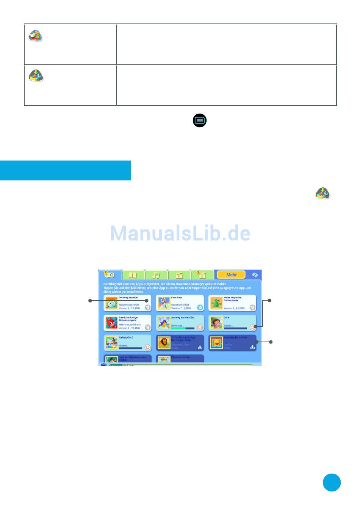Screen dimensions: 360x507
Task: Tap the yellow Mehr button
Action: pos(231,275)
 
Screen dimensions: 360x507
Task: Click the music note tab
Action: pos(156,275)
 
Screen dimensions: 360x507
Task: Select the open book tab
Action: pos(133,275)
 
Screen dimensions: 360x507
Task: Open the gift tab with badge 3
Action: pos(202,275)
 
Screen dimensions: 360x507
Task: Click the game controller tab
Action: pos(110,275)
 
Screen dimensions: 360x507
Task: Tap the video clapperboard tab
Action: pos(179,275)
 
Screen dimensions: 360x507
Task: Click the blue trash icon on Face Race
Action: pos(200,307)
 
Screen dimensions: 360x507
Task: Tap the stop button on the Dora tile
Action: pos(252,328)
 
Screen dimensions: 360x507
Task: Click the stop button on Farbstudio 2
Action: pos(148,347)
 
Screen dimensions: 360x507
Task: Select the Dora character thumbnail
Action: pos(216,323)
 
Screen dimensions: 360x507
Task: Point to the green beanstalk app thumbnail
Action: pos(216,303)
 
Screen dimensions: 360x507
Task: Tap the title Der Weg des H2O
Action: pos(128,298)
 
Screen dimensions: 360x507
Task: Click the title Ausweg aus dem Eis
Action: pos(182,317)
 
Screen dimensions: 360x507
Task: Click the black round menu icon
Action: pos(200,120)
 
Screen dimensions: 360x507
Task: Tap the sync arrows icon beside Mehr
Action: pos(255,275)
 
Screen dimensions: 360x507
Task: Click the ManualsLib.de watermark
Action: pos(180,233)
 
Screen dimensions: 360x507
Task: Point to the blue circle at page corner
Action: pos(332,482)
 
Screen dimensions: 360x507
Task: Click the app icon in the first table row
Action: pos(36,36)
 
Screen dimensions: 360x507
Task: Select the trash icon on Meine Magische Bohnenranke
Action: pos(252,307)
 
